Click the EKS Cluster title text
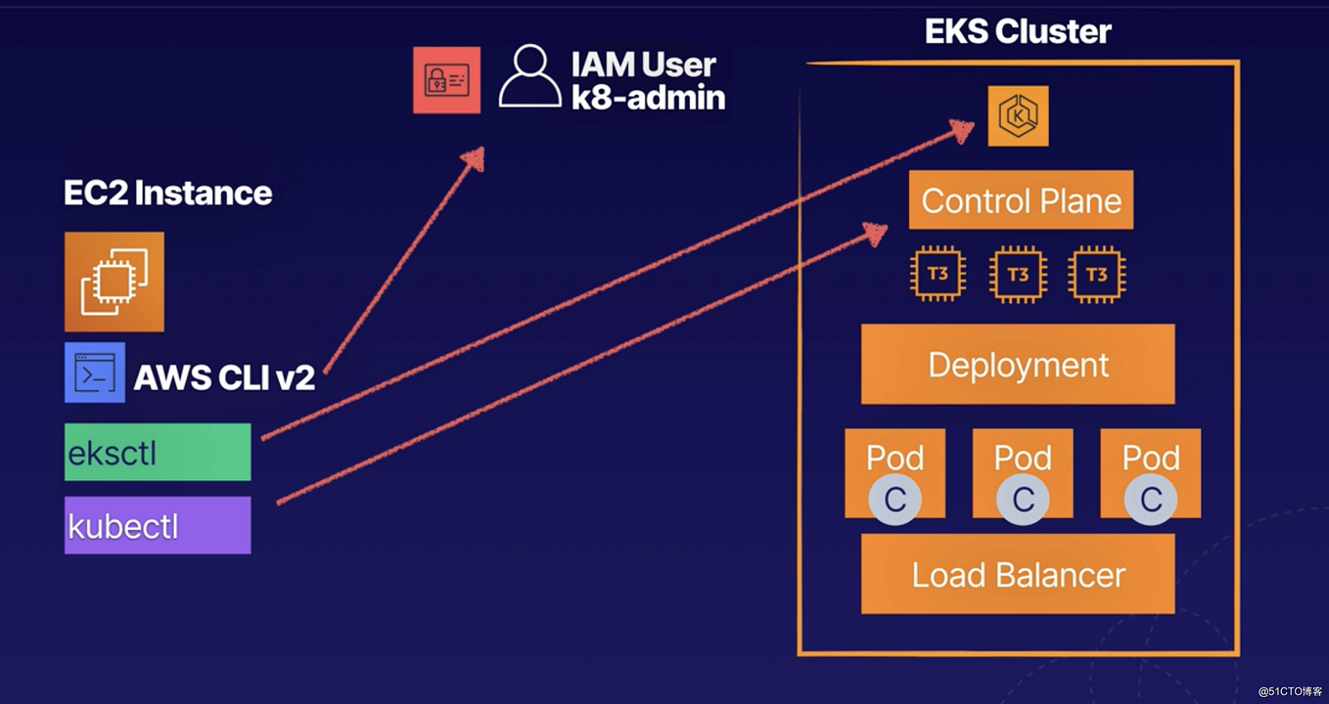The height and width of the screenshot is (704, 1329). tap(1018, 31)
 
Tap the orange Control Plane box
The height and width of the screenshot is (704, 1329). tap(1021, 200)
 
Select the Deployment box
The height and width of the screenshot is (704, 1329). tap(1018, 365)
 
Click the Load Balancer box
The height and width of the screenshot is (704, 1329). tap(1018, 574)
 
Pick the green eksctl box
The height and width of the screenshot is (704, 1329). tap(158, 453)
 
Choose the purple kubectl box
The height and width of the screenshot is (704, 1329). tap(158, 526)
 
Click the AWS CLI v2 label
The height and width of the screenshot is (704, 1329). tap(224, 377)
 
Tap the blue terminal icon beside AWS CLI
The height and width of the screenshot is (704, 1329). tap(95, 373)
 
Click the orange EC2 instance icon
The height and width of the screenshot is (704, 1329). tap(115, 282)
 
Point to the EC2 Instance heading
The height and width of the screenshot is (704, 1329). tap(167, 193)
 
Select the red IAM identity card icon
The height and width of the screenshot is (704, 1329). tap(446, 80)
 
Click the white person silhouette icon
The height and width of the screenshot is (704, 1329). tap(529, 77)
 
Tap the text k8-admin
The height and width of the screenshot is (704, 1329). tap(648, 98)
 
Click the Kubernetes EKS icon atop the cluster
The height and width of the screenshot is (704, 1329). tap(1018, 116)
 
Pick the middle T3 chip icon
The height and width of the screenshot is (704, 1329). tap(1018, 275)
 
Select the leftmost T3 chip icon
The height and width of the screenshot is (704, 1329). tap(939, 275)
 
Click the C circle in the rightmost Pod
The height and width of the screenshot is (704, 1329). tap(1150, 500)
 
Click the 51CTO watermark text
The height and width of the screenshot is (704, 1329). tap(1289, 690)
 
